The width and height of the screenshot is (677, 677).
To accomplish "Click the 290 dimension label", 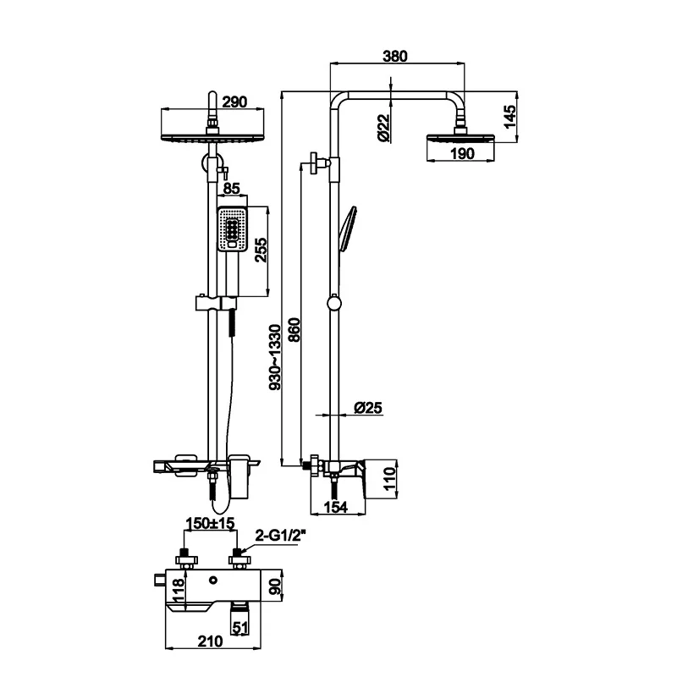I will point(234,102).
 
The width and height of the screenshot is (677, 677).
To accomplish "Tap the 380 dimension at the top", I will point(395,57).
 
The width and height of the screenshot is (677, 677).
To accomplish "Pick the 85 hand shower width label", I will point(232,189).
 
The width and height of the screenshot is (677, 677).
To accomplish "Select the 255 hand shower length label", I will point(261,250).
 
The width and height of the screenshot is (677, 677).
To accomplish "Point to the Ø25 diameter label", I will point(368,408).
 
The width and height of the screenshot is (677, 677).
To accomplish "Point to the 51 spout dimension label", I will point(240,629).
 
